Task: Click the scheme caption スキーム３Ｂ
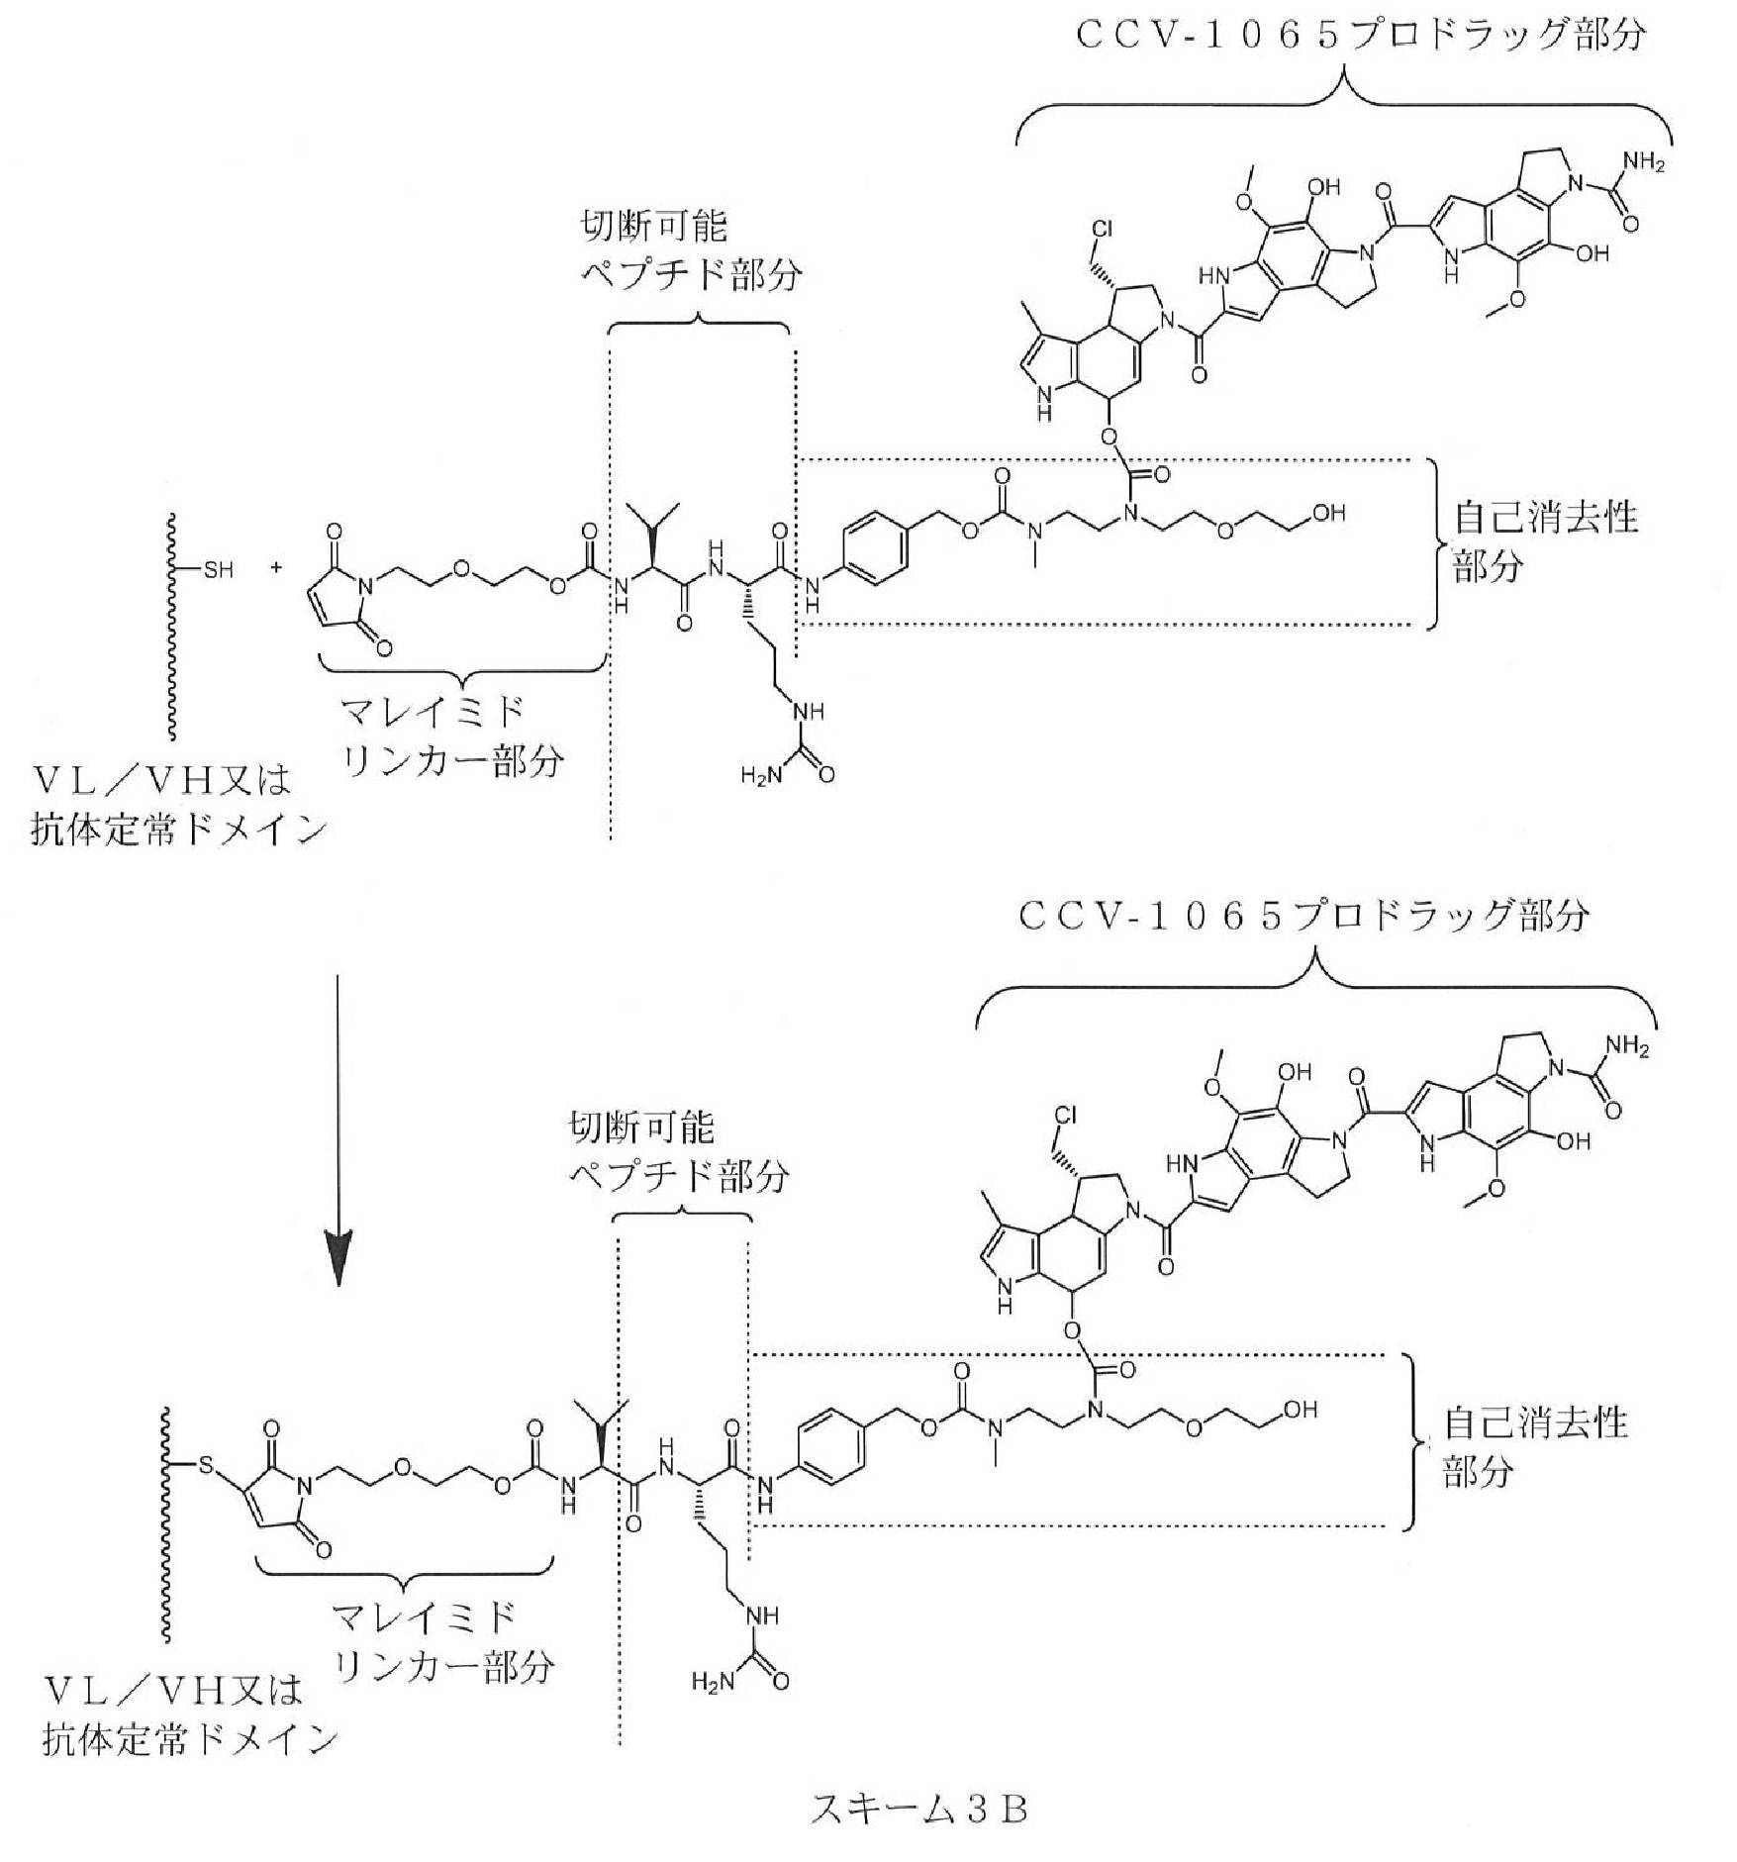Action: pos(918,1809)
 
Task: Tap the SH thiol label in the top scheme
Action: pos(218,570)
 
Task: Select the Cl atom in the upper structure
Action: pos(1103,230)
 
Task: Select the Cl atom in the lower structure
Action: pos(1065,1115)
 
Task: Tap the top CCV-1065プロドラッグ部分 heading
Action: pos(1361,36)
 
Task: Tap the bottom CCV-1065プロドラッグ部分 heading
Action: pos(1304,916)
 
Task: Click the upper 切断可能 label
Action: pos(653,227)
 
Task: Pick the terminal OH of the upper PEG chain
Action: pos(1329,513)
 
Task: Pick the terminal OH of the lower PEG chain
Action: pos(1300,1409)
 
